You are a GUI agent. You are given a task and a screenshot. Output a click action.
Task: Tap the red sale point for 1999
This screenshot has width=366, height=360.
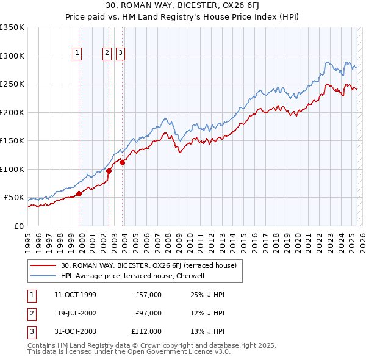[79, 194]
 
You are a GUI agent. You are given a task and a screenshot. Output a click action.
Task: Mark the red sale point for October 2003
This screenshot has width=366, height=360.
[122, 162]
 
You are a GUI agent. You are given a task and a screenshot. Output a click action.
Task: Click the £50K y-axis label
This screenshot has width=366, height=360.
[14, 198]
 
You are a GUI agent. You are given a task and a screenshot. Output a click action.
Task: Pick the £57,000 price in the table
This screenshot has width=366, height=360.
[148, 295]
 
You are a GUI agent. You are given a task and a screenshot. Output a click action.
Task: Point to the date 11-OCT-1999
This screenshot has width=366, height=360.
[76, 295]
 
